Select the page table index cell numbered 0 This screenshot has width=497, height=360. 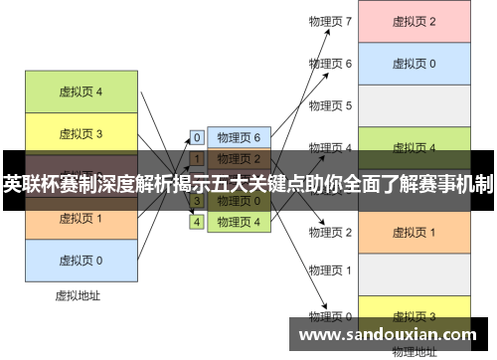pos(197,137)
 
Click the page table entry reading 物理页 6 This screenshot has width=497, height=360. pos(239,137)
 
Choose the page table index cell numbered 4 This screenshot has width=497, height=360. pos(197,222)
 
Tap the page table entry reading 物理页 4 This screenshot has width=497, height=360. pos(239,222)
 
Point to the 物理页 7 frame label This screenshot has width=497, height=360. pos(331,21)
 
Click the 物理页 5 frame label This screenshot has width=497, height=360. pos(331,104)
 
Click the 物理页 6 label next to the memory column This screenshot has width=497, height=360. pos(331,63)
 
